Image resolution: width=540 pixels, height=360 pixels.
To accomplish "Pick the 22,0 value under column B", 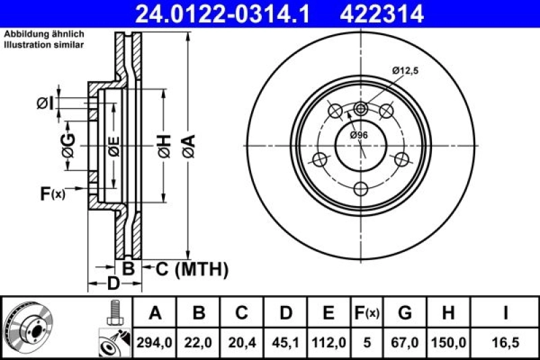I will point(199,342).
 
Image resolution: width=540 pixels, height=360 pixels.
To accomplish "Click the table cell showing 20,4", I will point(242,342).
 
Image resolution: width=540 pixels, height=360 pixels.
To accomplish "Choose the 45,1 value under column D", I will point(286,342).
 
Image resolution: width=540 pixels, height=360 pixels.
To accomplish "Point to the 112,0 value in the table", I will point(329,342).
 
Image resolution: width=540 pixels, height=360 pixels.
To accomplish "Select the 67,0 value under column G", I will point(405,342).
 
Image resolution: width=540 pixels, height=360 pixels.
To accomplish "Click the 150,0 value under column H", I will point(448,342).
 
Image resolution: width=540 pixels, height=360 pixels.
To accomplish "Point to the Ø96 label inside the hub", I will point(358,135).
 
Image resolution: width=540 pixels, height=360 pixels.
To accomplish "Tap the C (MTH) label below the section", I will point(192,269).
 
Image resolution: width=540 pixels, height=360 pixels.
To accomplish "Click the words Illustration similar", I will point(44,45).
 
